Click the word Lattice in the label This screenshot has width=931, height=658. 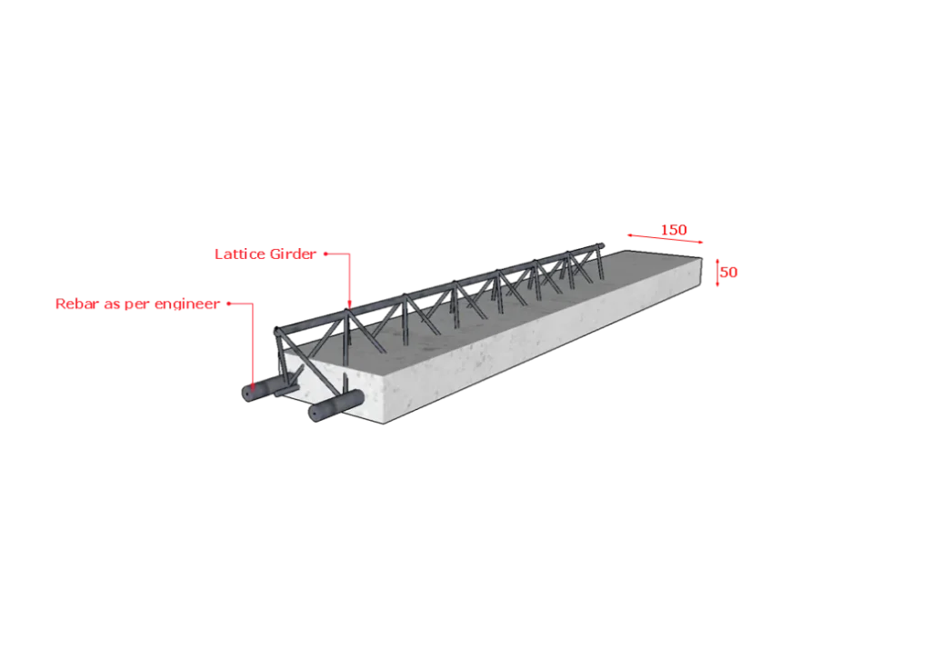(240, 254)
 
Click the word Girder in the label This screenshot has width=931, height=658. (293, 254)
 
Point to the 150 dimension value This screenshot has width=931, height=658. (674, 230)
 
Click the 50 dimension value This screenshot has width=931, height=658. (729, 273)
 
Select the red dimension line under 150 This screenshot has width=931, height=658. (665, 238)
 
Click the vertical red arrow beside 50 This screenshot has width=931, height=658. (717, 273)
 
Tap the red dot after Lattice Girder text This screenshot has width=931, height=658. (325, 254)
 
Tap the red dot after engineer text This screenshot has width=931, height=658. (228, 304)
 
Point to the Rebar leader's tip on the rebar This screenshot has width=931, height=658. (253, 390)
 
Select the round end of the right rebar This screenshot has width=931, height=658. (314, 414)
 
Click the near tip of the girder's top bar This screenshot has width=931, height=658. (276, 331)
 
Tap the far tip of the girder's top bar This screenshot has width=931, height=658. (602, 244)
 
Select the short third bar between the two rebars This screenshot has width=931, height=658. (285, 391)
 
